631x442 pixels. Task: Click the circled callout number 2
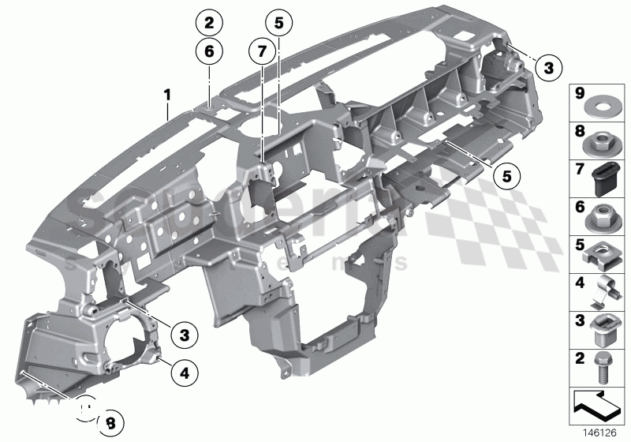[209, 21]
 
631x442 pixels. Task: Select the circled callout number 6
[209, 52]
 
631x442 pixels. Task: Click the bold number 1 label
[167, 95]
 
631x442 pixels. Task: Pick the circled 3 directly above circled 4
[184, 335]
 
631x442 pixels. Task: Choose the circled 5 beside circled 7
[278, 22]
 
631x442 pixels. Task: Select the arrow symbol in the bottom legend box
[597, 405]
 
